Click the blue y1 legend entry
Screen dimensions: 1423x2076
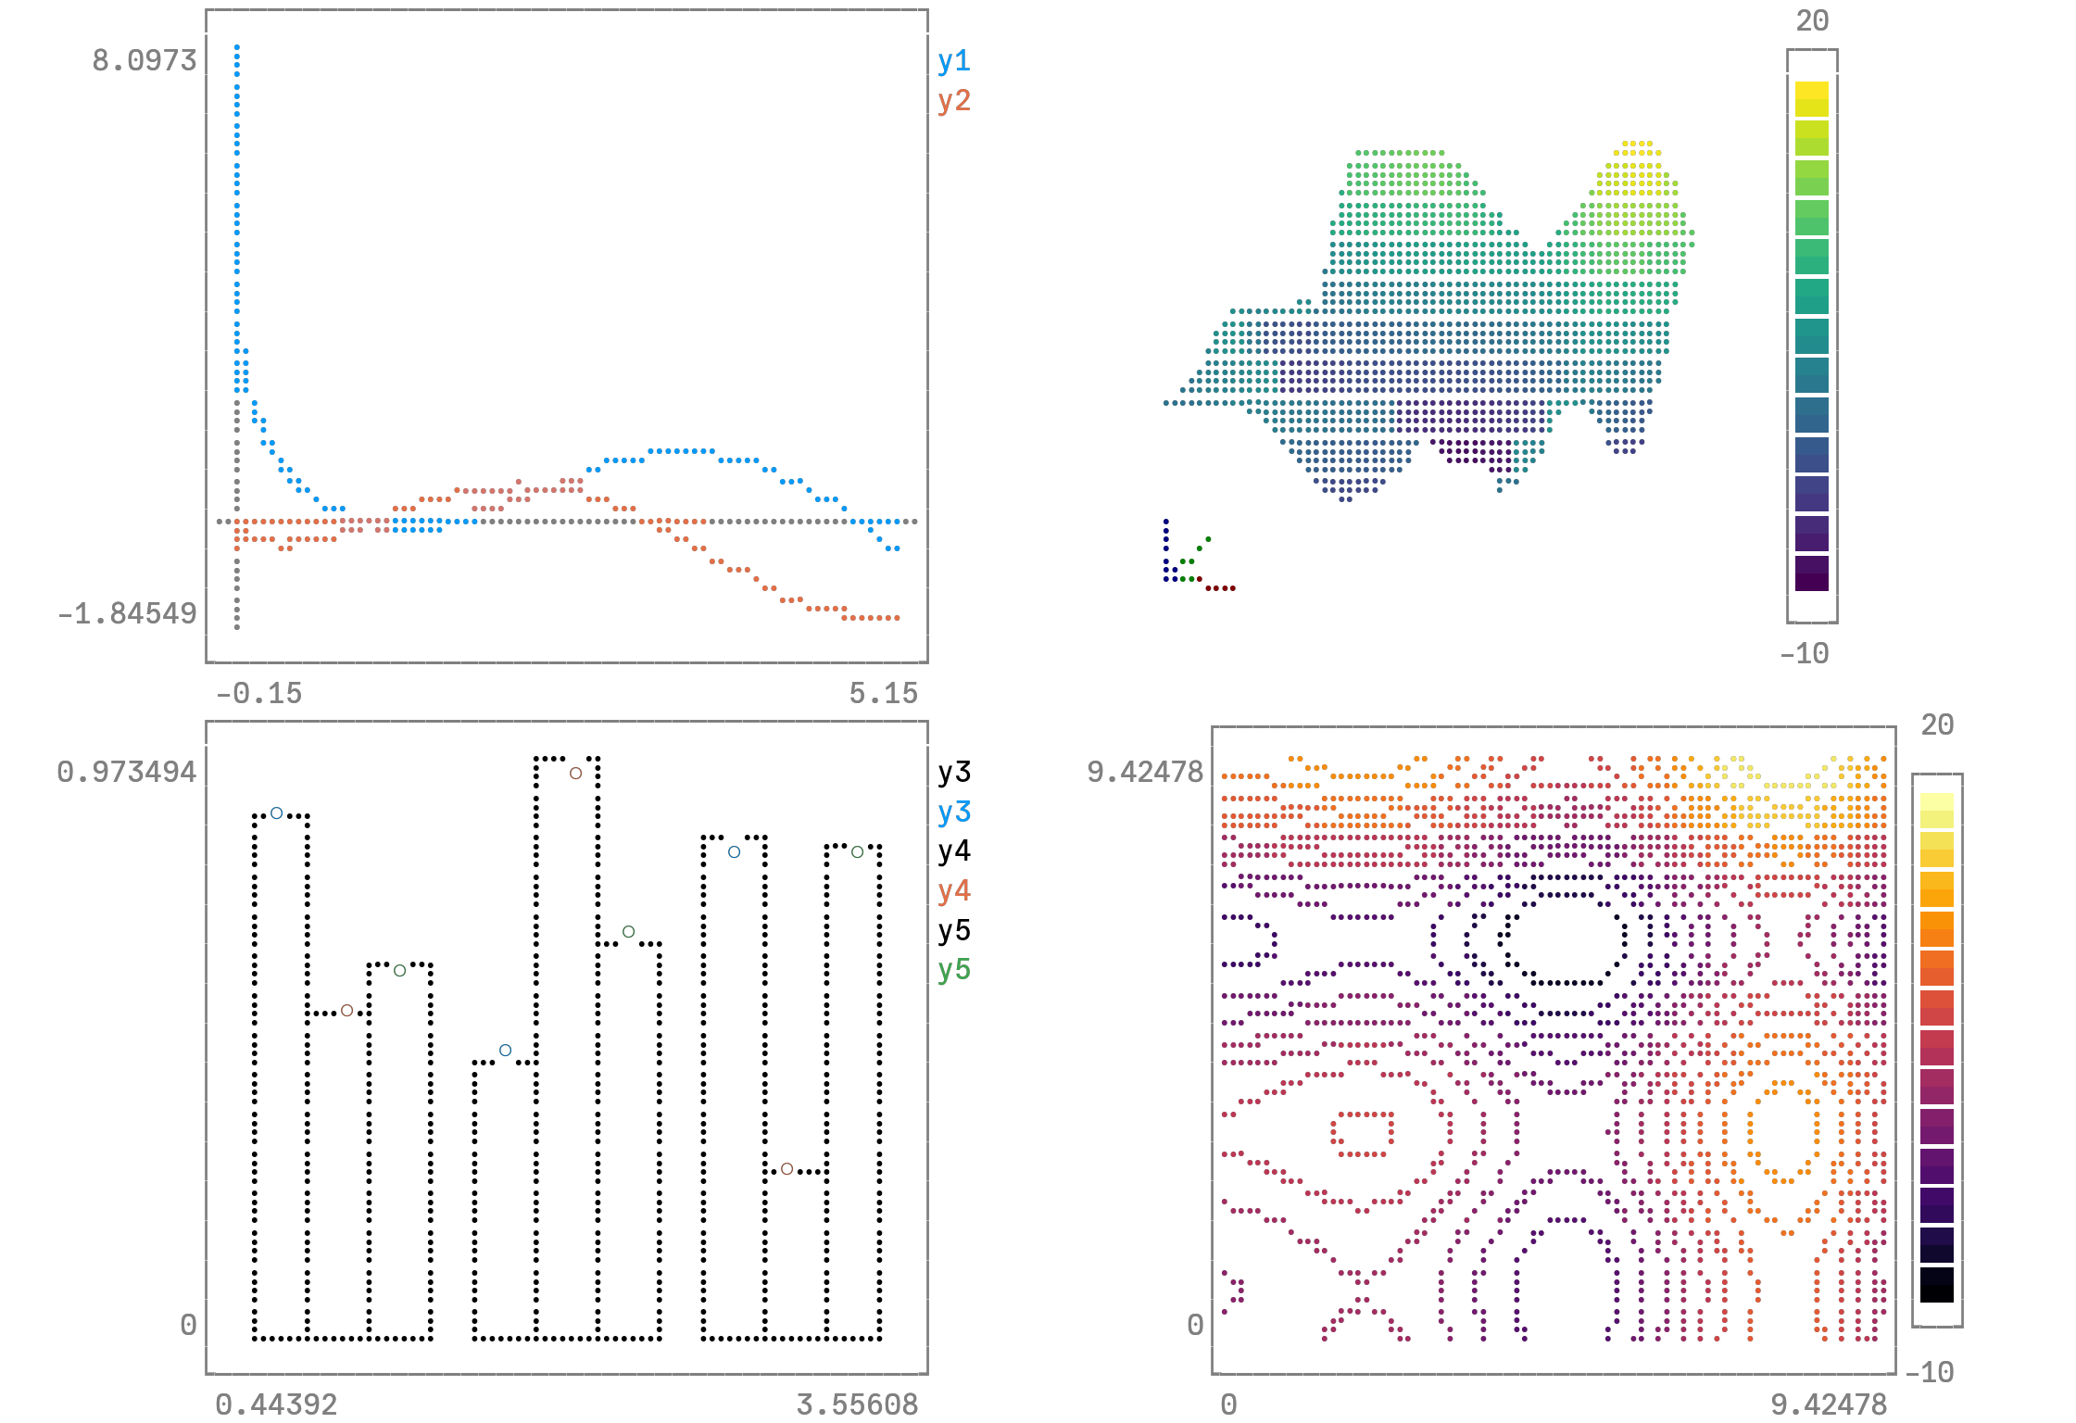953,61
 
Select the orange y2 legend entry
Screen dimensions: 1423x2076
953,100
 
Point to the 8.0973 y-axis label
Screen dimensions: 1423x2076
145,60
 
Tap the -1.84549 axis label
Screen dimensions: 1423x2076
128,613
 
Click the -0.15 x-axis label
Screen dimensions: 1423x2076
258,693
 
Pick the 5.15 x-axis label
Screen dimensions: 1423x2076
883,693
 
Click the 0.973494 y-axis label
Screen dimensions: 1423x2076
127,772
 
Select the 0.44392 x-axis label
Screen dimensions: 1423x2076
276,1404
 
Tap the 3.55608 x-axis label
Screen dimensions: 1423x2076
857,1404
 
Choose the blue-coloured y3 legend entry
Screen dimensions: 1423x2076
953,812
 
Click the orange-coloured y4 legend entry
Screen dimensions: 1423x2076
953,890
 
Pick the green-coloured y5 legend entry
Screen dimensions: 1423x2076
953,969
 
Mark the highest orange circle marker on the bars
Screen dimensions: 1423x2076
575,773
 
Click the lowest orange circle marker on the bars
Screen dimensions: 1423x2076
786,1168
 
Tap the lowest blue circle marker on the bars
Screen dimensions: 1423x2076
505,1050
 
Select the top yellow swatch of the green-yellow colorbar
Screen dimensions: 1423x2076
1811,98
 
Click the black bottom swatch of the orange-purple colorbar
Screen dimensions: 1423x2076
1936,1284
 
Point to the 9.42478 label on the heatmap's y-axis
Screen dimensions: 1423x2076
1145,772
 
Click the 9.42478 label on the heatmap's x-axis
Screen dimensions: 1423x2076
1828,1404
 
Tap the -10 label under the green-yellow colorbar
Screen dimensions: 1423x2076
1804,654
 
